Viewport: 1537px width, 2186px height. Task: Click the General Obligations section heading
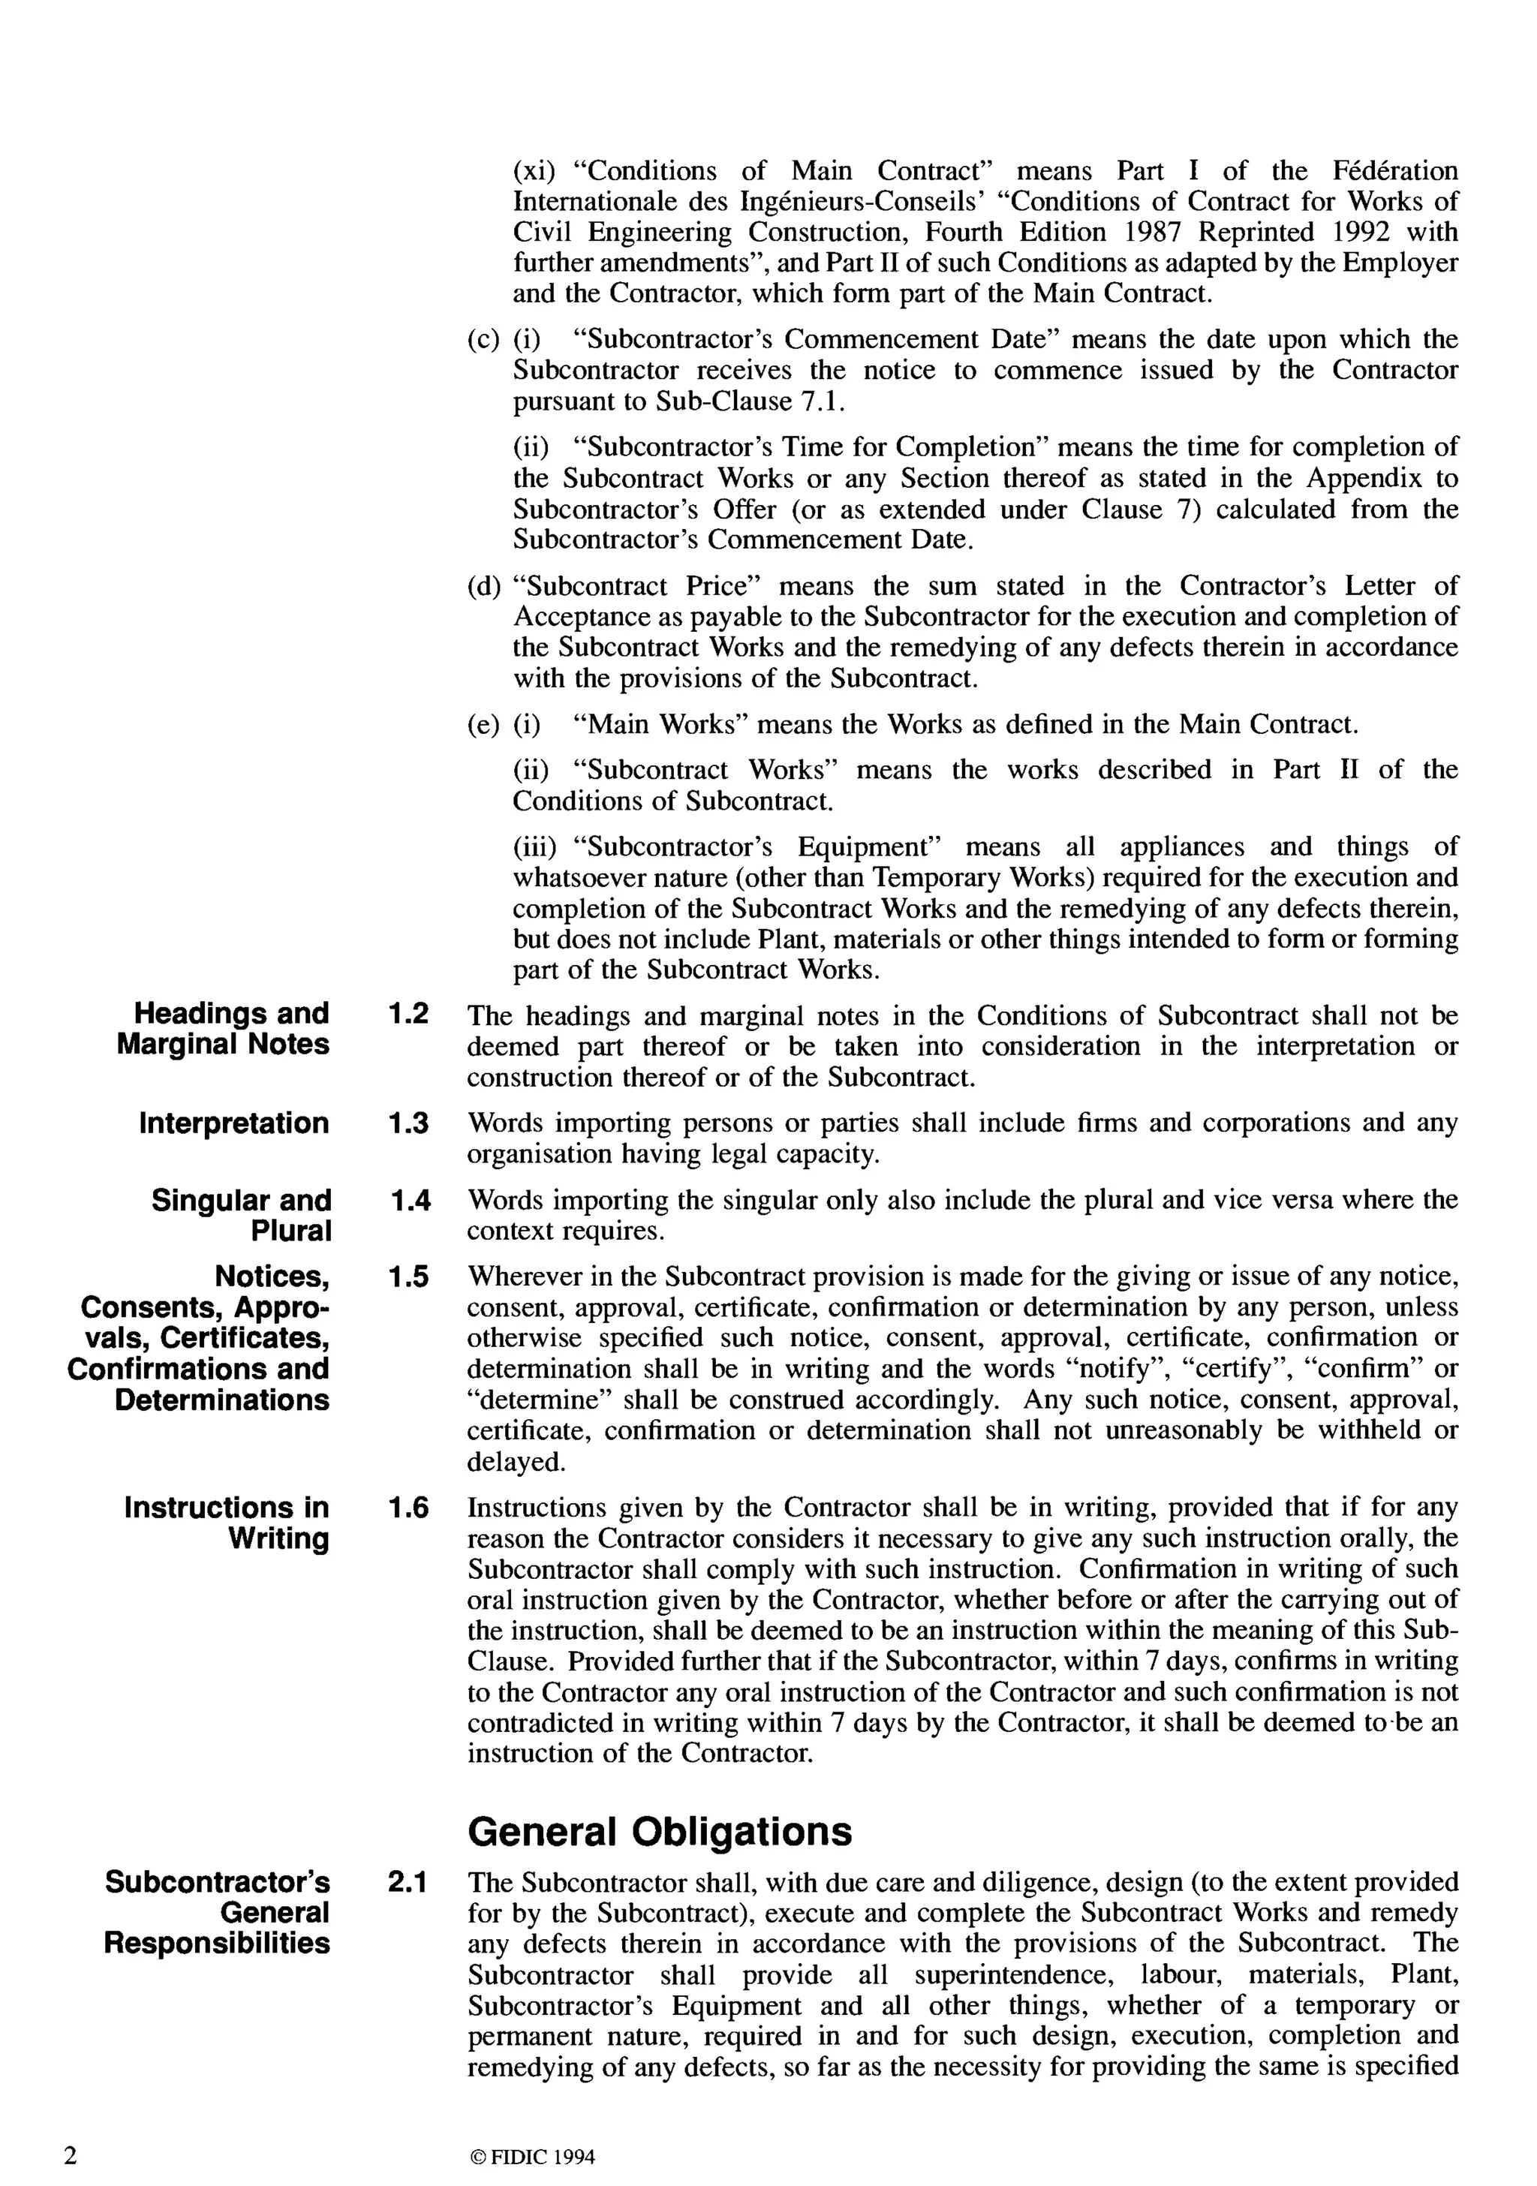pos(660,1831)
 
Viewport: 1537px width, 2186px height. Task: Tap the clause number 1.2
pos(408,1013)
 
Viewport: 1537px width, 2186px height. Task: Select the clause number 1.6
pos(408,1508)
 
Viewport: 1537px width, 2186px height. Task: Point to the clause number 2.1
pos(408,1882)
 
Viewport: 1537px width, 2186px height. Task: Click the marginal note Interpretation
pos(233,1123)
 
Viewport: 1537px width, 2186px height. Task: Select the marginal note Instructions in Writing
pos(227,1523)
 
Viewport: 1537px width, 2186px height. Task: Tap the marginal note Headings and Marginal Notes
pos(223,1028)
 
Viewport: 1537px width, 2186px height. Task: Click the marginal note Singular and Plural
pos(241,1216)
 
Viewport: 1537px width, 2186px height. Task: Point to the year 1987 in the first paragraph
pos(1155,233)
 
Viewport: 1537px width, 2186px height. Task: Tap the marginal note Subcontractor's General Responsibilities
pos(217,1913)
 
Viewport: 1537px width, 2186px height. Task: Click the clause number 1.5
pos(408,1276)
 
